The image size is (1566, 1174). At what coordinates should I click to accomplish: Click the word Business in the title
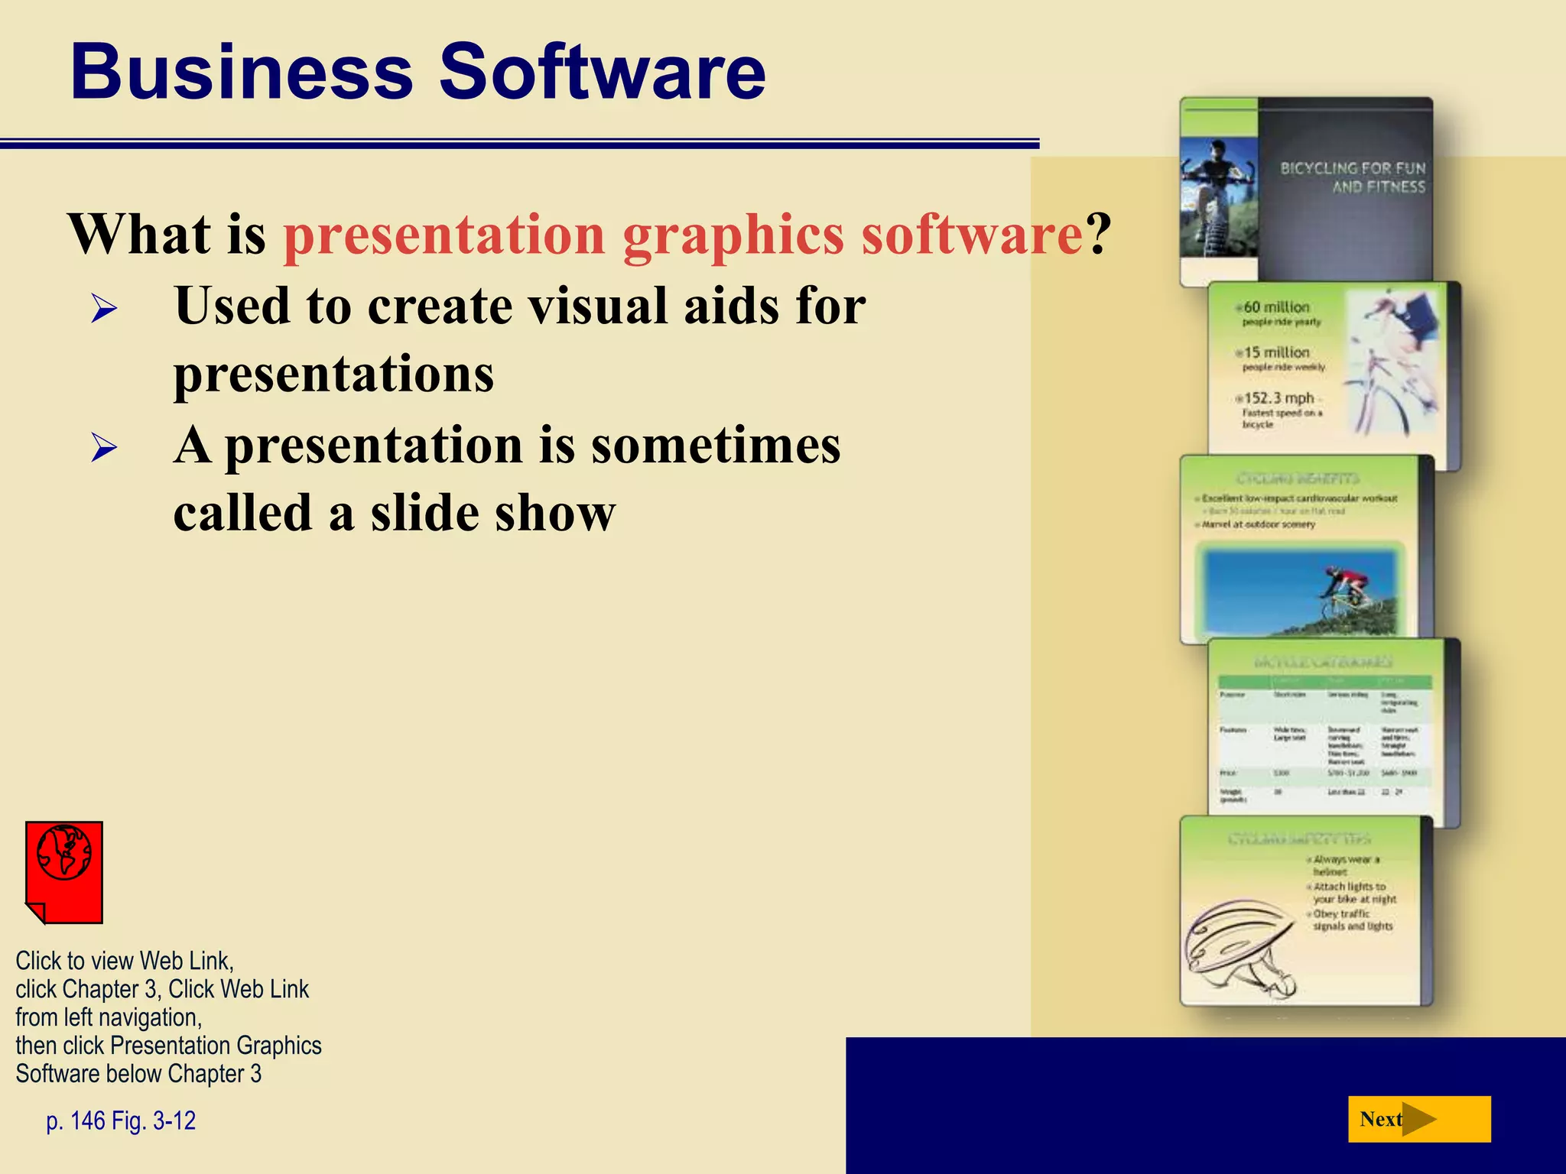pos(242,73)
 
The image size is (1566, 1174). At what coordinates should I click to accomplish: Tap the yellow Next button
pos(1418,1119)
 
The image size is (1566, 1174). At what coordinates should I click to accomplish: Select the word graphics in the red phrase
pos(733,235)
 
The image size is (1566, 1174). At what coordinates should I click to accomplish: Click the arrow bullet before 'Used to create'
pos(104,309)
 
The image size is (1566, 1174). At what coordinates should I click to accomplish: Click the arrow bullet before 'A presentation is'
pos(104,447)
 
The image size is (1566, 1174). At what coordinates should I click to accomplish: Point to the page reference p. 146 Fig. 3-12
pos(121,1120)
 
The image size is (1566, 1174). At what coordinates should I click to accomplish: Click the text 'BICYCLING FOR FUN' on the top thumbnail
pos(1352,168)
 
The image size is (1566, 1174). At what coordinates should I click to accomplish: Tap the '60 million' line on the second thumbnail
pos(1275,307)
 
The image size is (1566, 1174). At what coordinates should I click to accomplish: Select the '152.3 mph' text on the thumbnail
pos(1278,398)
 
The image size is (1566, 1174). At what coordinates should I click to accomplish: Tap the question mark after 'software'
pos(1098,235)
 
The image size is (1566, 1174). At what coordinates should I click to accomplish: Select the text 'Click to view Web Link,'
pos(125,961)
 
